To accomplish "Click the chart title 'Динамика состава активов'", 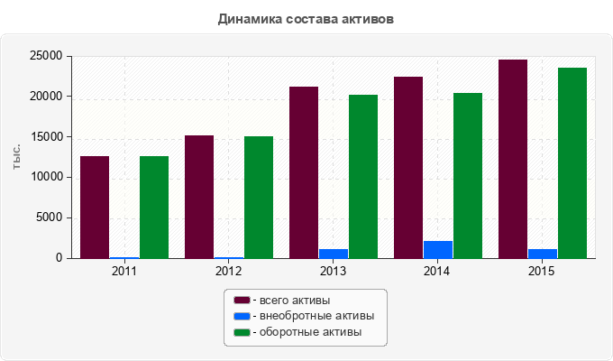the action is tap(306, 19).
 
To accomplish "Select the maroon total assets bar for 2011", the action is tap(95, 208).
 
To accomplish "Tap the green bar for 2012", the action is tap(259, 198).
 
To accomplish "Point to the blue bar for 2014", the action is tap(438, 250).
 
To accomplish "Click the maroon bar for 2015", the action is tap(513, 159).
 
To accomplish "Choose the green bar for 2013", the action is tap(363, 177).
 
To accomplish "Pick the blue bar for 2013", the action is tap(334, 254).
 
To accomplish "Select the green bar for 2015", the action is tap(572, 162).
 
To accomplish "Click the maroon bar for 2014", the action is tap(408, 168).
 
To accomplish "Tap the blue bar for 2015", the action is tap(543, 254).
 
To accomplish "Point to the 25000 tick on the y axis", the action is tap(46, 56).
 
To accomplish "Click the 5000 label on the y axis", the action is tap(50, 218).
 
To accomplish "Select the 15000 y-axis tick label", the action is tap(46, 137).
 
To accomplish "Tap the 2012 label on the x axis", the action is tap(229, 271).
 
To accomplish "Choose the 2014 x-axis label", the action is tap(436, 271).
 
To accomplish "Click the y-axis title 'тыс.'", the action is tap(16, 157).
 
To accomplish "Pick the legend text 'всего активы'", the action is tap(295, 301).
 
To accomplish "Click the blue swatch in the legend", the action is tap(242, 316).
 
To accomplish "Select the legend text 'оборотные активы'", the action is tap(310, 332).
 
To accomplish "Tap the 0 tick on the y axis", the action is tap(59, 257).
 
